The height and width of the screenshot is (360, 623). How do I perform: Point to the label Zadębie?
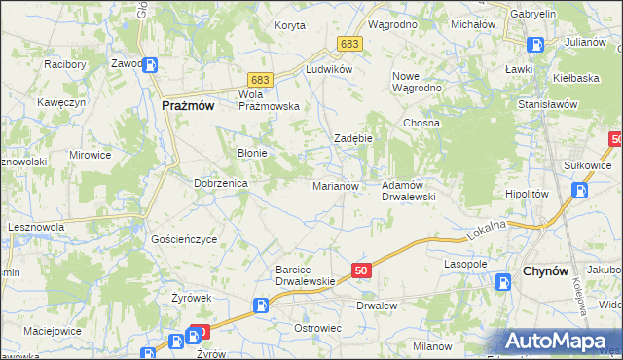click(353, 138)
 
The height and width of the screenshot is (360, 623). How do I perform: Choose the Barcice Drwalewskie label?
click(305, 275)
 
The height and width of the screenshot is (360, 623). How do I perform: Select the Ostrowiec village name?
click(317, 328)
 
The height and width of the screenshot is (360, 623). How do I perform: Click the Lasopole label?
click(465, 264)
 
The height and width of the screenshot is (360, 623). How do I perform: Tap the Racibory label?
click(65, 65)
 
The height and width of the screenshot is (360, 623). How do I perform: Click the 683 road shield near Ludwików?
click(350, 44)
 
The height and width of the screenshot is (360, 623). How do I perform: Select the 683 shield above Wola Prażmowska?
click(258, 78)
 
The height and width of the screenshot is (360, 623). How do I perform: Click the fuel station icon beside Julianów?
click(535, 44)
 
